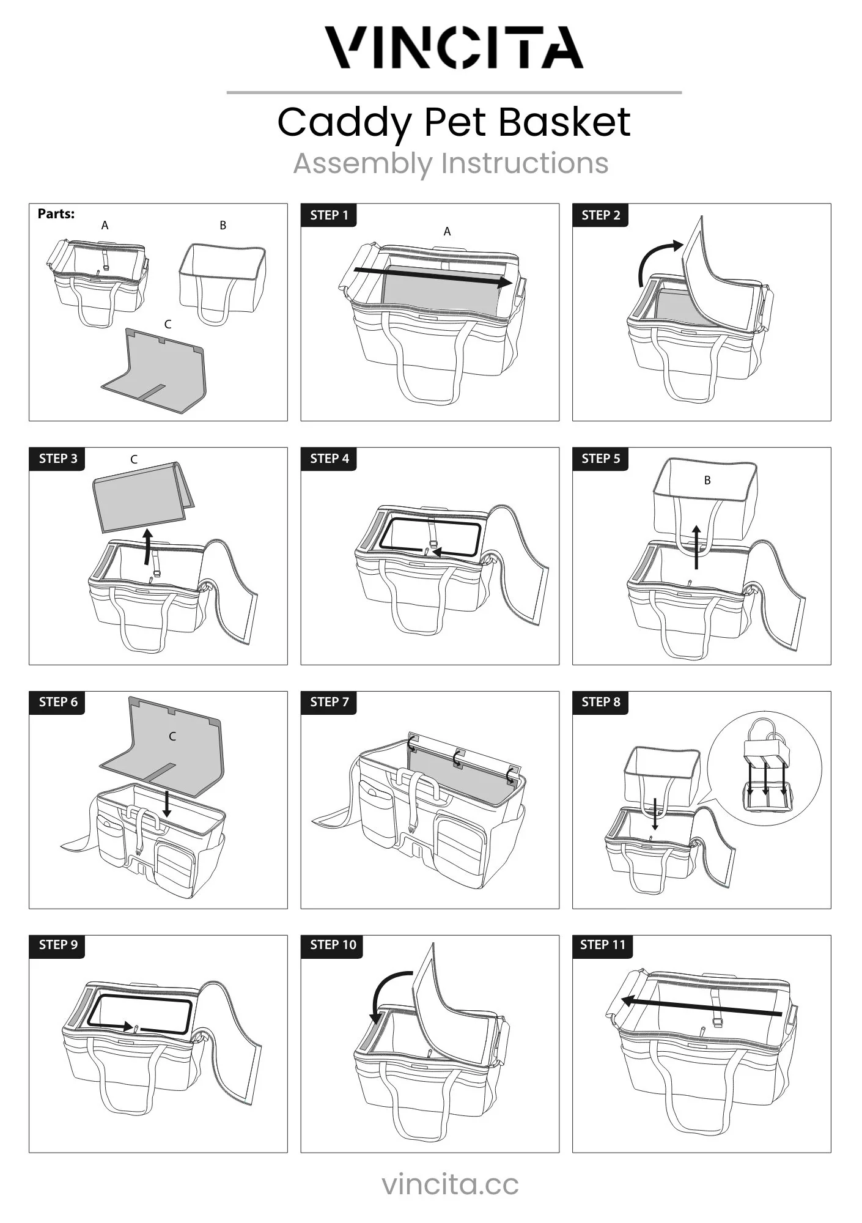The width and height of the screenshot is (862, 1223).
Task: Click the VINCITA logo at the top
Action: click(454, 47)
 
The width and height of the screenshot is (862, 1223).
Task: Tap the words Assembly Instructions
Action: click(451, 163)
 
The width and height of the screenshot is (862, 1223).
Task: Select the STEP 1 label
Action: click(329, 215)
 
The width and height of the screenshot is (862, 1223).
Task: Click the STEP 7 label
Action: click(329, 702)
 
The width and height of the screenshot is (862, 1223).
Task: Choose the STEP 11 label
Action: click(603, 945)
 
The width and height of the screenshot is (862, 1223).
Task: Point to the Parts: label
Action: click(56, 213)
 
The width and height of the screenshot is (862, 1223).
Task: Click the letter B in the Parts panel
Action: click(223, 225)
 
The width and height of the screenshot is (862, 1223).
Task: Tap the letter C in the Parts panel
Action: click(168, 324)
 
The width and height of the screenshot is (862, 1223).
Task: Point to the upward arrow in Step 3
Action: click(147, 547)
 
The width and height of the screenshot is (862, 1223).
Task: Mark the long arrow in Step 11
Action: click(701, 1007)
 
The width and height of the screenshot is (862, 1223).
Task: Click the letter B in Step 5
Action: click(707, 480)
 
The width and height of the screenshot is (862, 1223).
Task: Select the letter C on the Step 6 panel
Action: click(172, 736)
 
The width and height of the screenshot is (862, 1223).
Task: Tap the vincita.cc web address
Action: click(451, 1183)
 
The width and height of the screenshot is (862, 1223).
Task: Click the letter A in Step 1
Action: click(447, 231)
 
